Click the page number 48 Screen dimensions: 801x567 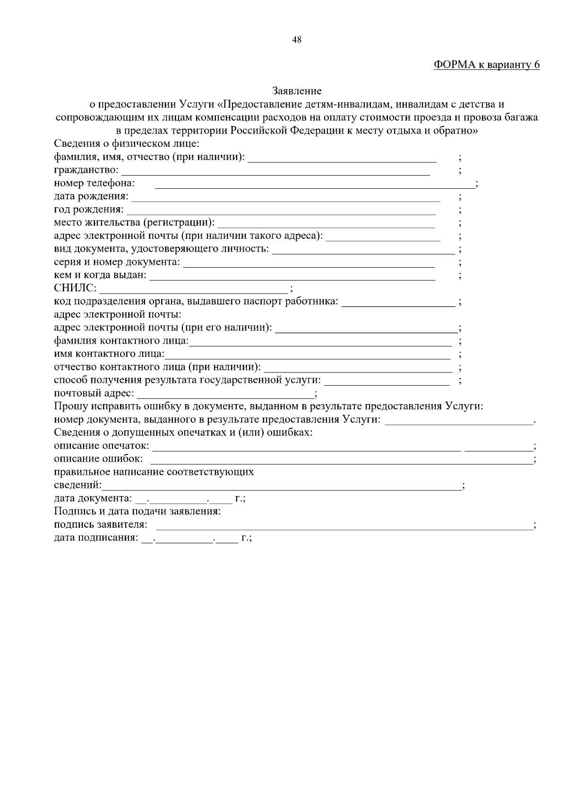point(297,40)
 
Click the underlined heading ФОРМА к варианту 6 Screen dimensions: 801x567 point(487,65)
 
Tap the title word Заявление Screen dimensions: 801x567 point(297,91)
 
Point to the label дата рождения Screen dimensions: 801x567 point(91,196)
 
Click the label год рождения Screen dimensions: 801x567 point(89,210)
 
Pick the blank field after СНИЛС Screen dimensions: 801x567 point(194,289)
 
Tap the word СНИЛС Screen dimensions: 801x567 point(75,288)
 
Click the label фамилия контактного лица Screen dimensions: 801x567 point(121,341)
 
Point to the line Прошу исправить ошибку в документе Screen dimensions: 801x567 point(268,406)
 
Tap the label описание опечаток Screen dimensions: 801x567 point(101,446)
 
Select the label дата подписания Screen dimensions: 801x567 point(96,538)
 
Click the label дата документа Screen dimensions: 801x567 point(93,498)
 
